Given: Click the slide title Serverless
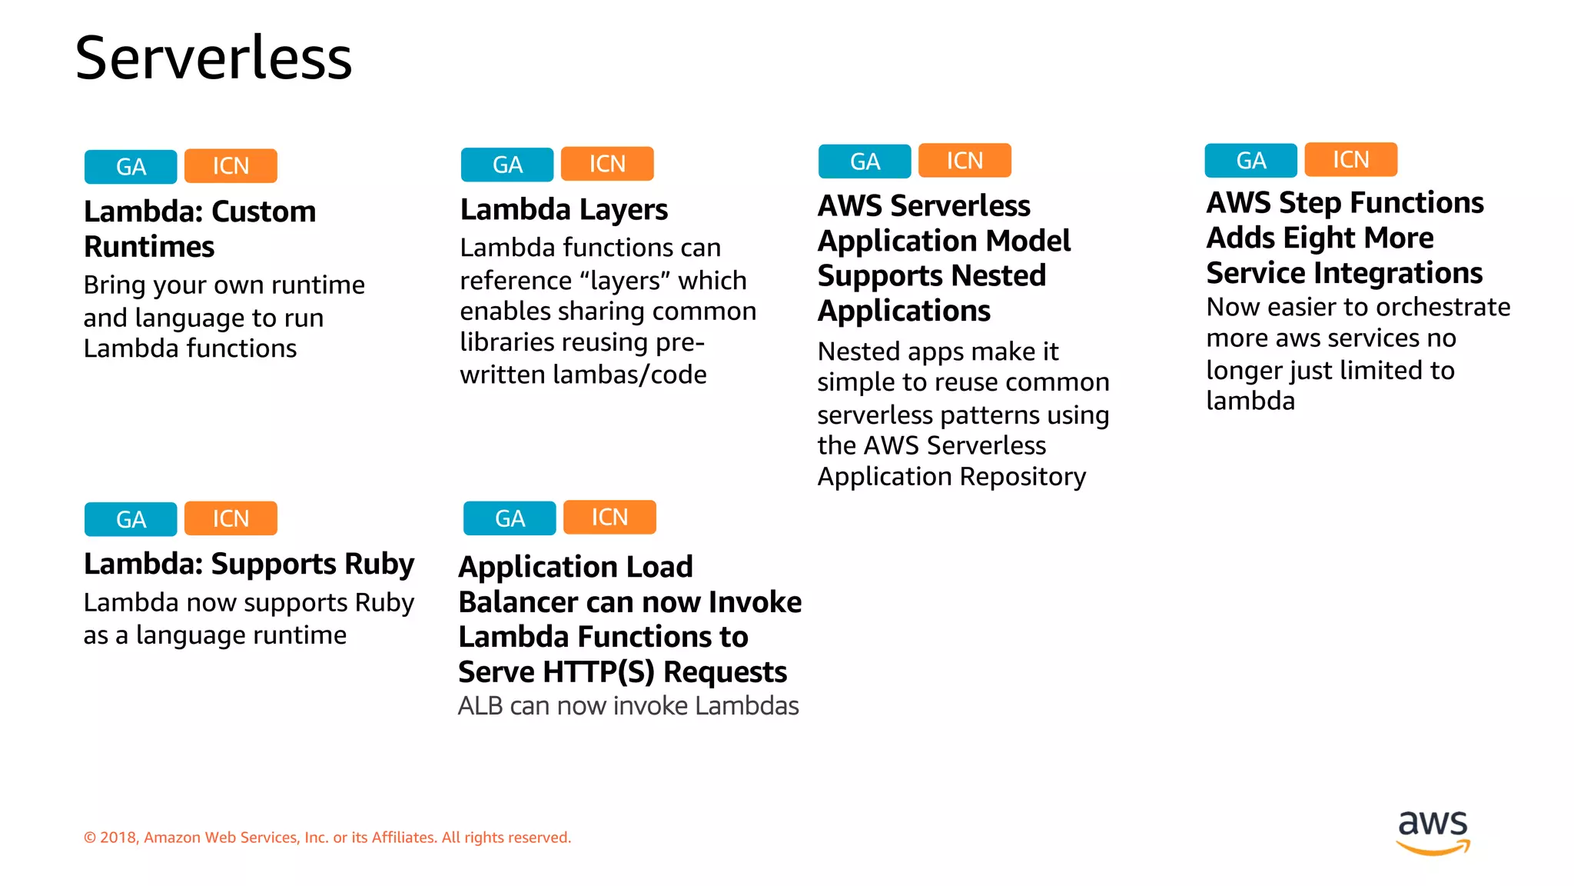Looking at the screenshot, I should (x=214, y=58).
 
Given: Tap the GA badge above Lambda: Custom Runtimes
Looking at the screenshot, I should (x=131, y=167).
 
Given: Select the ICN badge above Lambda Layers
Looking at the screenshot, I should (x=607, y=164).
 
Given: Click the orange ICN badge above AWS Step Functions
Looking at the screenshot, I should (x=1350, y=159).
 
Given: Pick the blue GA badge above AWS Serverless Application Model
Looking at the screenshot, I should (x=865, y=162).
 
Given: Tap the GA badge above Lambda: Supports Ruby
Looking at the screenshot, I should (x=131, y=519).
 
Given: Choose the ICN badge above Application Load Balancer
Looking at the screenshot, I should (x=609, y=517).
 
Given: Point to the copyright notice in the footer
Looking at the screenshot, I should (x=327, y=838).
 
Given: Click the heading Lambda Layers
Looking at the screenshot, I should (x=563, y=209).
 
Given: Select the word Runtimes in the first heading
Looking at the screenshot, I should (x=149, y=247).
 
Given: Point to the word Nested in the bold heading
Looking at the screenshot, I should (x=1004, y=275).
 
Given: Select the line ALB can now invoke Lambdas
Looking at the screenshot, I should (x=628, y=706).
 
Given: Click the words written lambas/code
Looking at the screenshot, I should (x=583, y=375).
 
